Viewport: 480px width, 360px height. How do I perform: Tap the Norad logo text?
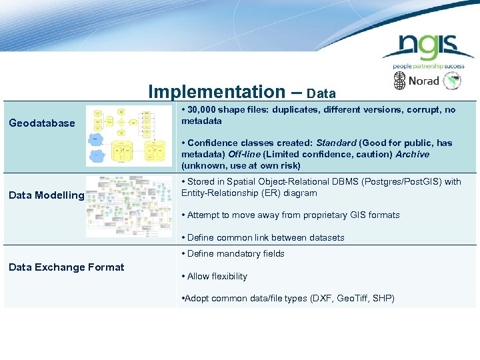tap(423, 81)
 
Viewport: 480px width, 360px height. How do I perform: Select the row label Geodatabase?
tap(41, 123)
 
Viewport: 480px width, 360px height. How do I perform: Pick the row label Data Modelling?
tap(46, 195)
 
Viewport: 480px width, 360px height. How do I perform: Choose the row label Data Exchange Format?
tap(66, 267)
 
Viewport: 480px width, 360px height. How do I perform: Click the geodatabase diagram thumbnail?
tap(129, 136)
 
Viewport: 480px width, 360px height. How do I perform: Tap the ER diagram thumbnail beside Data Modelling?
tap(129, 206)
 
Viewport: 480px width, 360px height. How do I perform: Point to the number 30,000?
tap(205, 110)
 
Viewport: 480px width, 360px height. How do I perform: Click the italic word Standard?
tap(337, 143)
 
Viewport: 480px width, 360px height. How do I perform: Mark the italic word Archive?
tap(412, 154)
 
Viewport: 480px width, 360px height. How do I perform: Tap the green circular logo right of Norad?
tap(453, 81)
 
